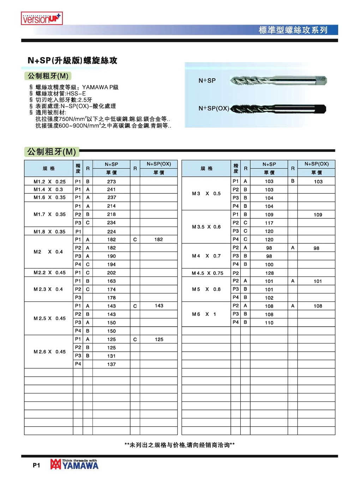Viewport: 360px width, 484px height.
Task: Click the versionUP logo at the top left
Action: [42, 18]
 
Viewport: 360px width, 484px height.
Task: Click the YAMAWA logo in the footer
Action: [74, 465]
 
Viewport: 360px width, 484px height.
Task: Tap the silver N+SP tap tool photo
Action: [278, 81]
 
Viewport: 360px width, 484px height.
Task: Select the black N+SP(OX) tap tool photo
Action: [278, 109]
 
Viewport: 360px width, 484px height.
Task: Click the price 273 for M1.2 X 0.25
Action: [112, 182]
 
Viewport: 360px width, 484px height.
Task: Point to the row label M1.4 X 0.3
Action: [48, 189]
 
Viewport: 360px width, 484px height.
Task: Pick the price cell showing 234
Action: [112, 223]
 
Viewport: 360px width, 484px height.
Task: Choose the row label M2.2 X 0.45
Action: [49, 273]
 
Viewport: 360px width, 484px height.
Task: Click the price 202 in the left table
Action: [112, 273]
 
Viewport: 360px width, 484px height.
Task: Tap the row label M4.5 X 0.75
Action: [208, 273]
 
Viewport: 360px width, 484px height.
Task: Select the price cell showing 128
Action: [269, 273]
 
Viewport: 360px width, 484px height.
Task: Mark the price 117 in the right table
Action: [269, 223]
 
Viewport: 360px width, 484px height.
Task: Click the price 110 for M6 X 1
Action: [269, 323]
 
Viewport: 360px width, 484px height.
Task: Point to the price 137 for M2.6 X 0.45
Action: [112, 364]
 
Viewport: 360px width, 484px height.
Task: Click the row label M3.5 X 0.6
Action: [206, 227]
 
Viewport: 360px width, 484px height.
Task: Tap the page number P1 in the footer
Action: [36, 465]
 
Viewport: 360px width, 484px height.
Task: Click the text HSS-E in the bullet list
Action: [76, 93]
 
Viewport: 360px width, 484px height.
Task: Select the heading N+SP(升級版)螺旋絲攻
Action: [72, 60]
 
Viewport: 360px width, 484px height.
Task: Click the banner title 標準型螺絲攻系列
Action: [293, 30]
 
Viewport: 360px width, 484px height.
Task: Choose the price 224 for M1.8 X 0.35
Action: [112, 232]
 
